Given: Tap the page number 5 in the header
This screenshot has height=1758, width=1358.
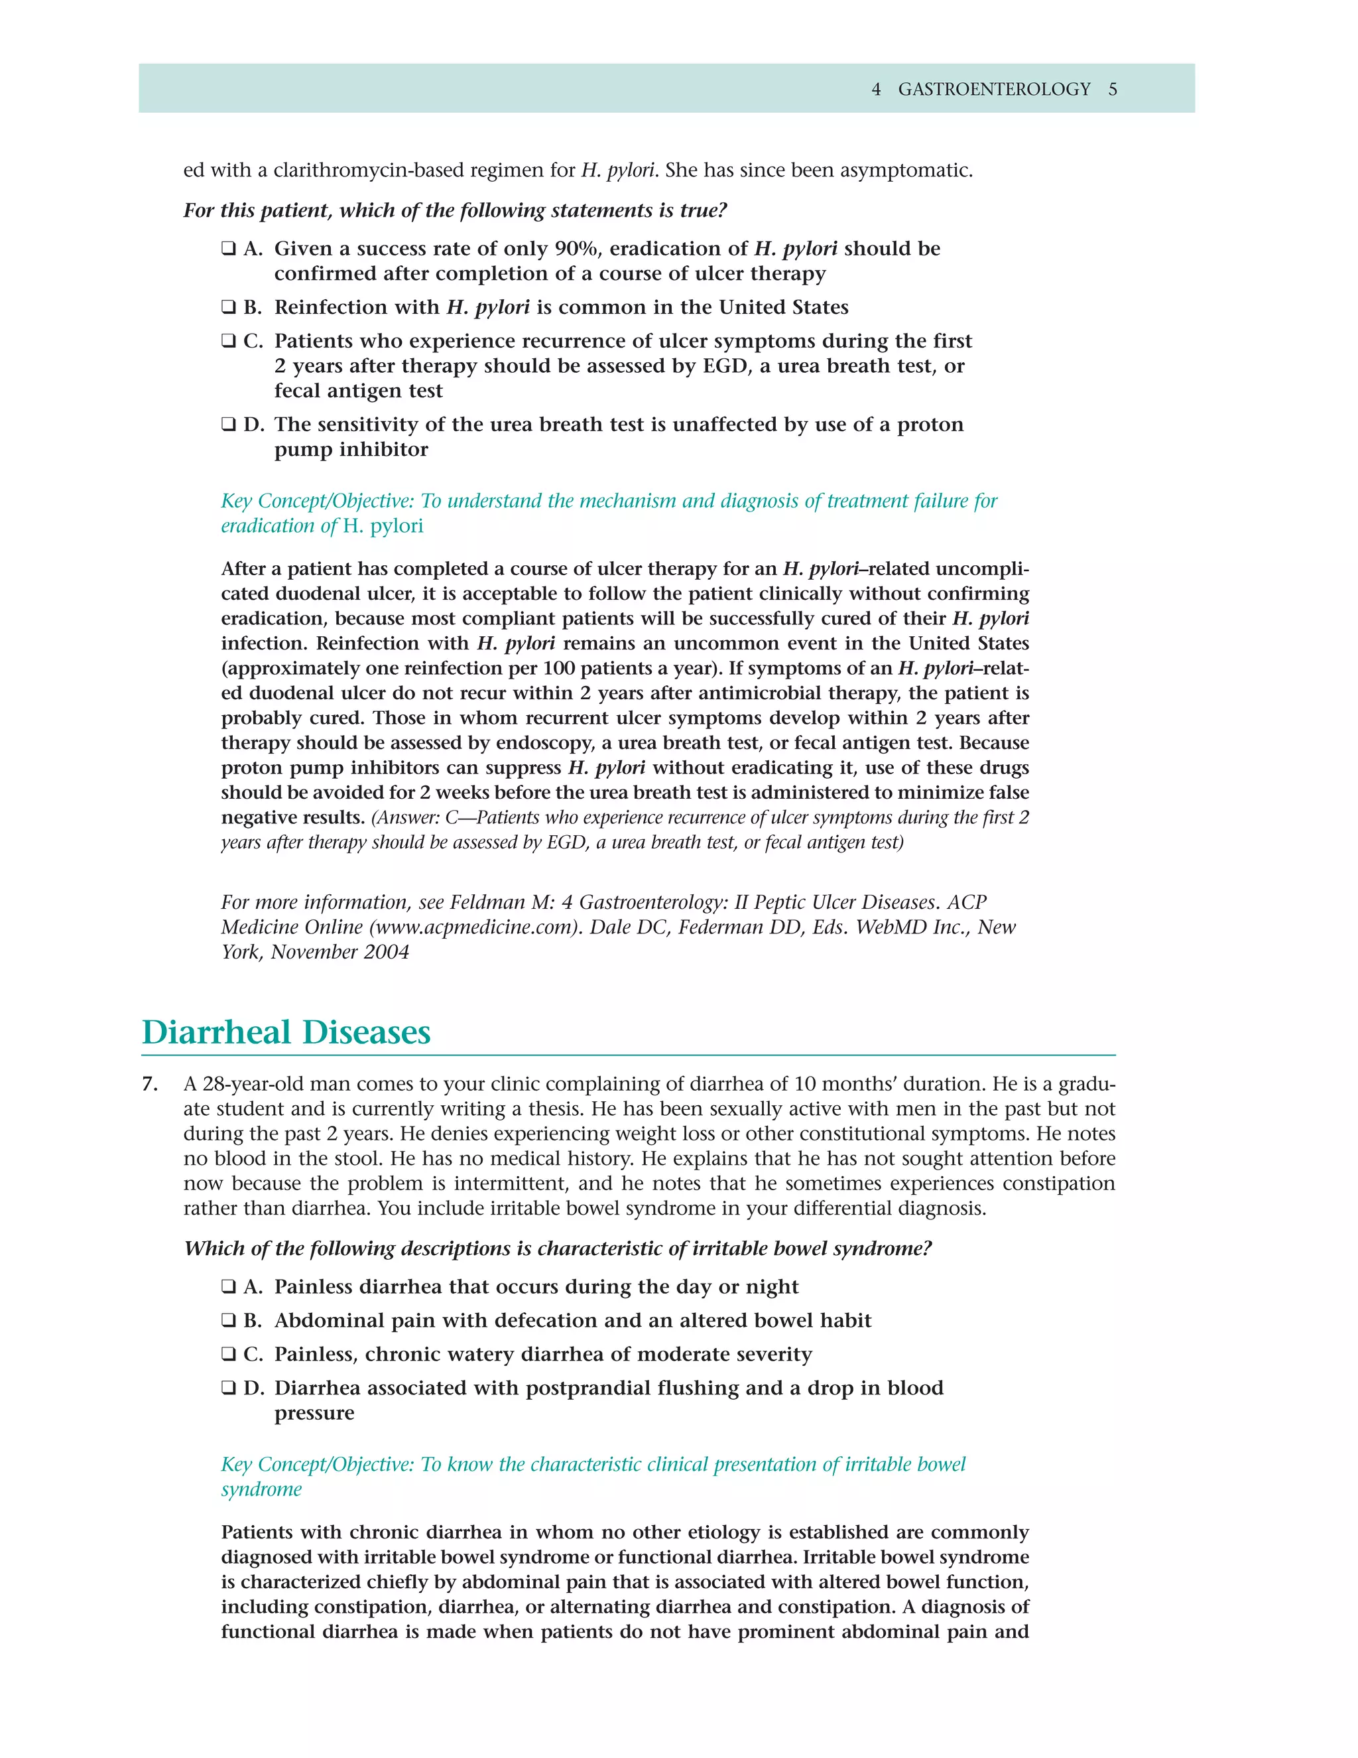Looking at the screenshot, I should [x=1113, y=90].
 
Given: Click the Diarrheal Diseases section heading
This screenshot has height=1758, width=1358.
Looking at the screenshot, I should [x=286, y=1033].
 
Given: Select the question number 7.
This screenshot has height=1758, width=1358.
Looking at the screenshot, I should [x=149, y=1084].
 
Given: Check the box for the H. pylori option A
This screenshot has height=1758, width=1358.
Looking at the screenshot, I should [x=229, y=249].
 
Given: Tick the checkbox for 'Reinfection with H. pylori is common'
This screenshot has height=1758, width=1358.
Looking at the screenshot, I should [x=229, y=308].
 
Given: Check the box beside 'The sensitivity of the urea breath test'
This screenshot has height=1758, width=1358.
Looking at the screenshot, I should [x=229, y=425].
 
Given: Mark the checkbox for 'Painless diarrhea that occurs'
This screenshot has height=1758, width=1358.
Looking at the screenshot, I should [x=229, y=1287].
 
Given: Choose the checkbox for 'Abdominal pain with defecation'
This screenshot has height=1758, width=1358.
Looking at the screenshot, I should [x=229, y=1321].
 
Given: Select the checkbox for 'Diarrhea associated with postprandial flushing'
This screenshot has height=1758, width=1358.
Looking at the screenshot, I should [x=229, y=1388].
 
